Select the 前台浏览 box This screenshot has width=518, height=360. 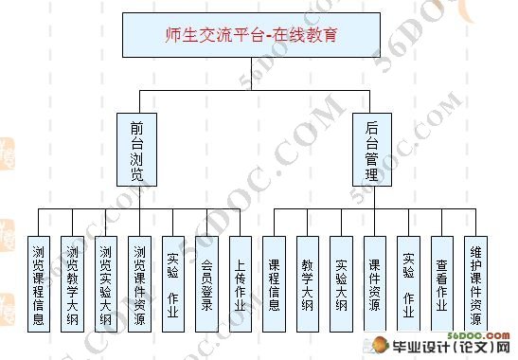coord(139,148)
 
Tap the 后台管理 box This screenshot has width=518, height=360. coord(372,148)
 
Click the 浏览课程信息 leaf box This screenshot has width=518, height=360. coord(38,284)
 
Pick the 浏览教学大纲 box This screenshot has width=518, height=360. coord(72,284)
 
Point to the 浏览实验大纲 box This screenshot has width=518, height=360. coord(106,284)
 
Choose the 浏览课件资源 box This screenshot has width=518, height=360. coord(139,284)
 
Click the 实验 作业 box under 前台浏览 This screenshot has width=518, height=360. coord(173,284)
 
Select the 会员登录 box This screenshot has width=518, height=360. coord(207,284)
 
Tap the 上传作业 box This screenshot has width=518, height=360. coord(241,284)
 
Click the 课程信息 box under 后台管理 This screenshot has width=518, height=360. coord(275,284)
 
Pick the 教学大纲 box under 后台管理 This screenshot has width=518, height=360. coord(308,284)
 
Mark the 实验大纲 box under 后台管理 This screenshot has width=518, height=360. coord(342,284)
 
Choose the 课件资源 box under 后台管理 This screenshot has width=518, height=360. coord(375,284)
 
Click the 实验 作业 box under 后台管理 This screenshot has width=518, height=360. coord(408,284)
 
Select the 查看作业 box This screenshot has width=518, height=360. coord(442,284)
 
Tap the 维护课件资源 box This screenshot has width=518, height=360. coord(476,284)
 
